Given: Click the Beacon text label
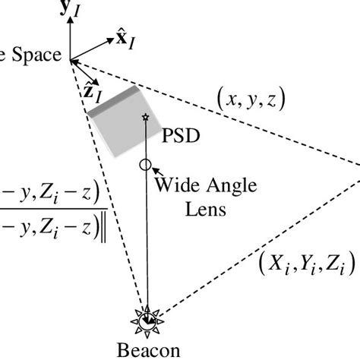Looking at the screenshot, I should [x=149, y=352].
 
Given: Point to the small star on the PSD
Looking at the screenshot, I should [x=145, y=117].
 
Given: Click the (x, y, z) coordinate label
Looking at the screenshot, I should [x=249, y=98].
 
